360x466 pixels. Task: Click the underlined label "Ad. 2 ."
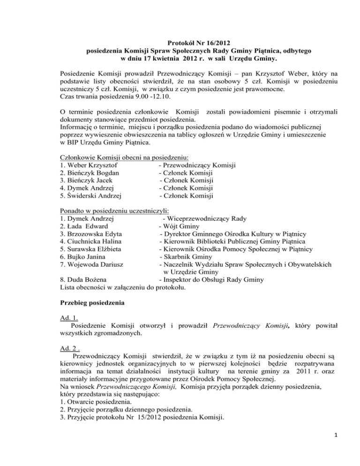(72, 347)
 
